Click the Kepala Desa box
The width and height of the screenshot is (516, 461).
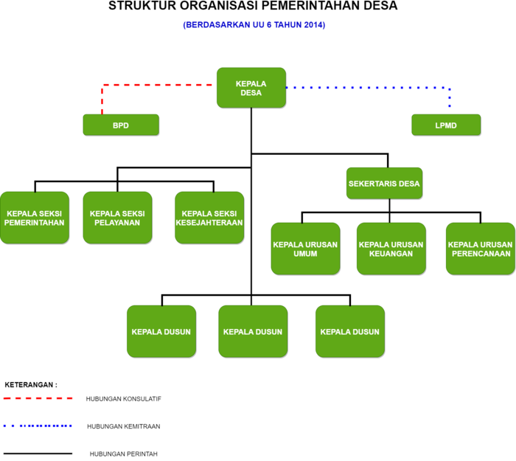tap(251, 88)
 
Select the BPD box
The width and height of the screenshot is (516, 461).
tap(120, 125)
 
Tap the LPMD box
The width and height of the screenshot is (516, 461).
tap(445, 125)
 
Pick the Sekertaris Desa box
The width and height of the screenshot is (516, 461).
tap(383, 183)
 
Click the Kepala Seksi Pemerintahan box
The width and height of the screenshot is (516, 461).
tap(34, 218)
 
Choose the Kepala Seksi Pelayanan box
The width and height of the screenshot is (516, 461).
tap(116, 218)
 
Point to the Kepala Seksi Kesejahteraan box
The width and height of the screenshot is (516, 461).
tap(209, 218)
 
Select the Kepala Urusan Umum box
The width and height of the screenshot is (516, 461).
tap(304, 249)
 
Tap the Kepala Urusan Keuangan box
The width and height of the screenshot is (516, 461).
tap(391, 249)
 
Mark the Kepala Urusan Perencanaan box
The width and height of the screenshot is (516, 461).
tap(480, 249)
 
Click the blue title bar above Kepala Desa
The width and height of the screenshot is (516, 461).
tap(254, 25)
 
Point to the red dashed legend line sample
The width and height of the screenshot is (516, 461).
tap(38, 398)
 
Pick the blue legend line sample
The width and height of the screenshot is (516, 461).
tap(38, 426)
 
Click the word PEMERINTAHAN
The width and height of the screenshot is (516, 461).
tap(34, 223)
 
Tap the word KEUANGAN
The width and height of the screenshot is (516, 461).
tap(391, 254)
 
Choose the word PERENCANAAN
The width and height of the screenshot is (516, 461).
tap(481, 254)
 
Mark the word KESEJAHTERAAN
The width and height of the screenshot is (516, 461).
tap(209, 223)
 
